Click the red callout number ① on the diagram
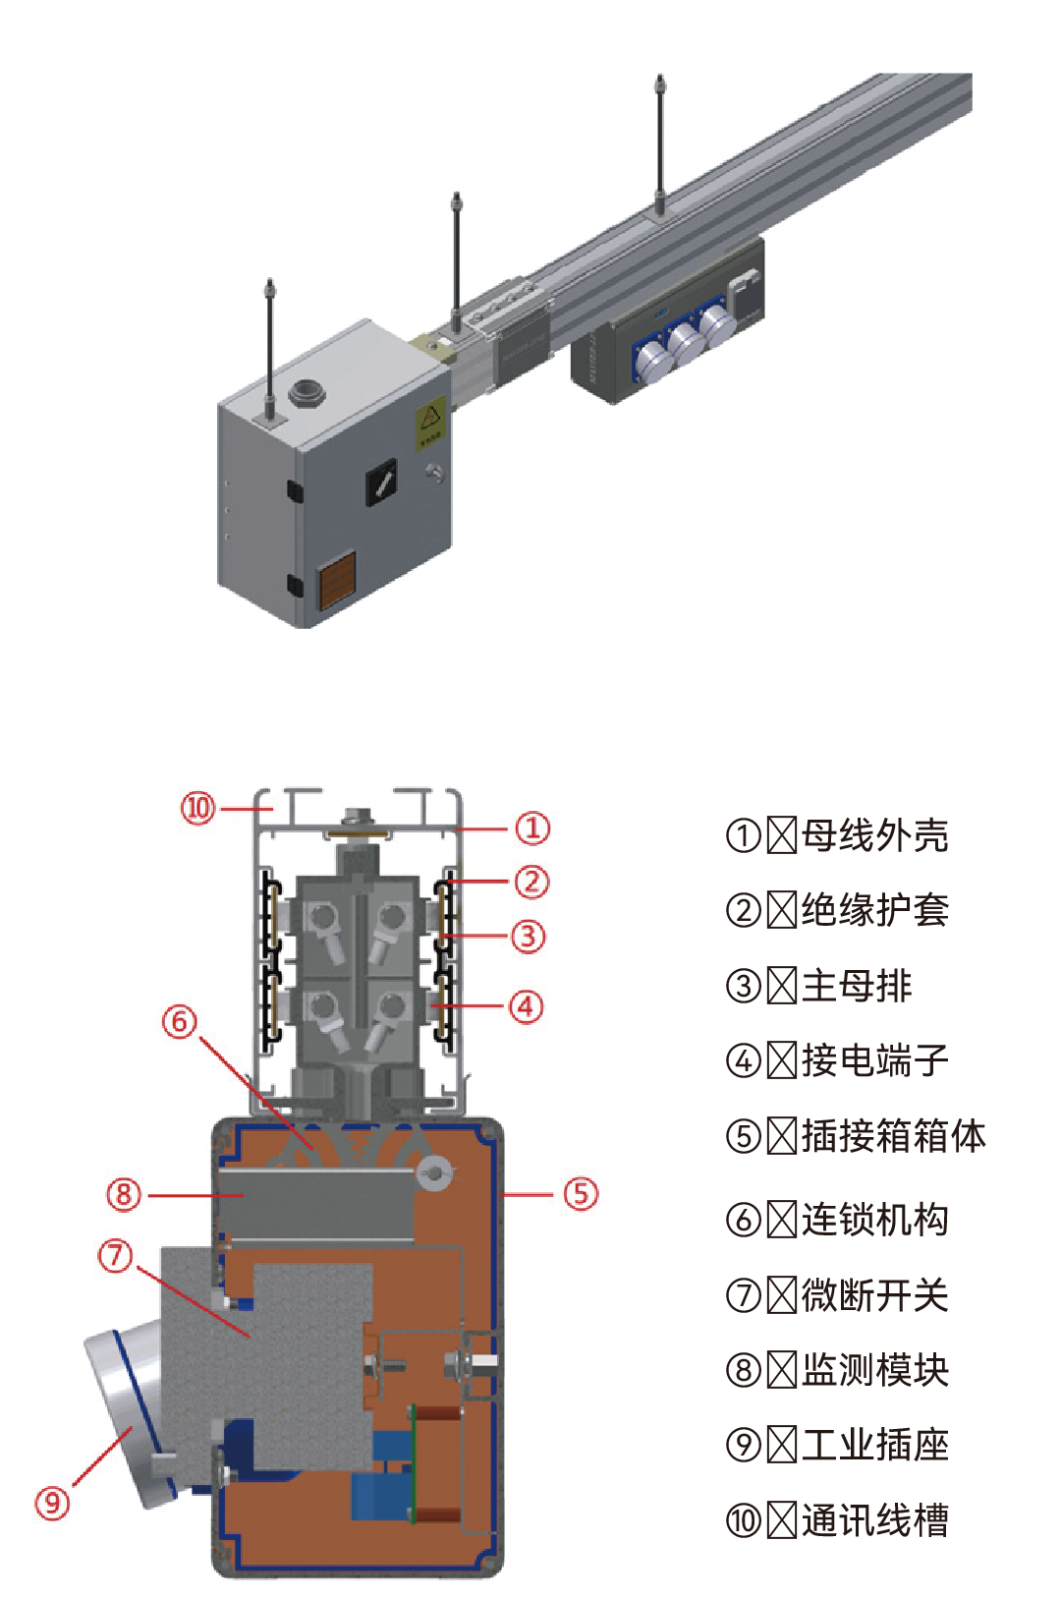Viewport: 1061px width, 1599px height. click(532, 828)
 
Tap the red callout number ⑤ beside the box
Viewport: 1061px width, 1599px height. click(581, 1194)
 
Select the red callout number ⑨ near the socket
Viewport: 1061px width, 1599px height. click(52, 1503)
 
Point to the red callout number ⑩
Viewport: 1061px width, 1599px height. click(197, 808)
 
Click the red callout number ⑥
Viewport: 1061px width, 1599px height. click(179, 1022)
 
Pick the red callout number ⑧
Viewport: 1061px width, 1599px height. click(123, 1195)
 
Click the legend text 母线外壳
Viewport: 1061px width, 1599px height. click(874, 835)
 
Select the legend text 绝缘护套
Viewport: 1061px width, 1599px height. click(874, 910)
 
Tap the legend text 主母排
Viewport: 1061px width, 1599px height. click(857, 985)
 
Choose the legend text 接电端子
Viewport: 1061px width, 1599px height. click(874, 1059)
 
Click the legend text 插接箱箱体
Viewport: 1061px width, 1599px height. click(893, 1135)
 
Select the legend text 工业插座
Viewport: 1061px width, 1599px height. click(874, 1445)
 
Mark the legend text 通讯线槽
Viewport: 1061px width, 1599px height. click(874, 1520)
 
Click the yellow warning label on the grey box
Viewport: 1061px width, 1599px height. click(430, 423)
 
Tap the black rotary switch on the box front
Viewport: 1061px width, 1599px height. click(382, 482)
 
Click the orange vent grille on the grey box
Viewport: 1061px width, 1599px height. click(337, 580)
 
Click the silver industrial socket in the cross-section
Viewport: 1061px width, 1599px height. click(123, 1415)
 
